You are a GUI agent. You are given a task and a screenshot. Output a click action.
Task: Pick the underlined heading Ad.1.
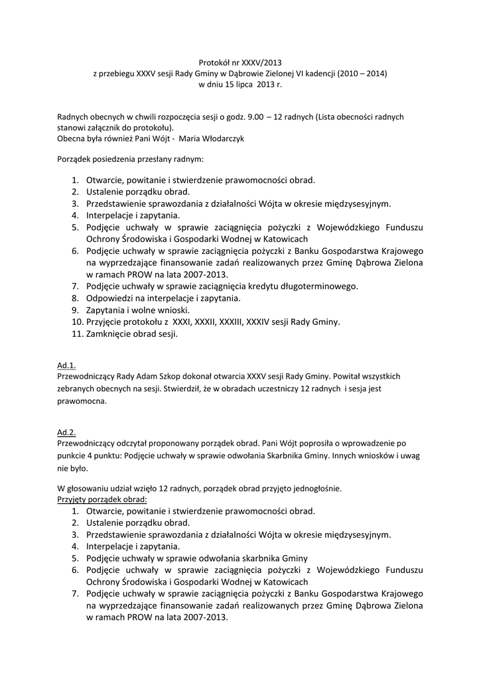click(x=66, y=365)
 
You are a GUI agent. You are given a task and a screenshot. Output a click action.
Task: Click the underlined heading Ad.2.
click(x=66, y=431)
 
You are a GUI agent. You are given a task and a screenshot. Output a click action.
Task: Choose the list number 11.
click(x=76, y=334)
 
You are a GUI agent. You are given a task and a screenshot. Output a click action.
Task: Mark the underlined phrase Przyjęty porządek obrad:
click(x=102, y=499)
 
